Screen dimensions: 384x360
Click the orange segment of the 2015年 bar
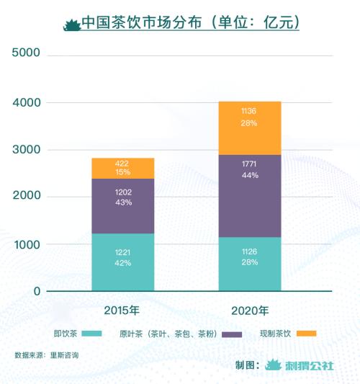point(122,168)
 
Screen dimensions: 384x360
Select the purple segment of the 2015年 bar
point(122,206)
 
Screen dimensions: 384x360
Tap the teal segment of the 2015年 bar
point(122,262)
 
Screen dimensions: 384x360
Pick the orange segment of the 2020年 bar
point(250,128)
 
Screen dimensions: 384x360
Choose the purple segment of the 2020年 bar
point(250,195)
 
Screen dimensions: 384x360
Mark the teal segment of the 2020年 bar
point(250,264)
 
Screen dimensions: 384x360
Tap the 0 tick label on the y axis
point(36,292)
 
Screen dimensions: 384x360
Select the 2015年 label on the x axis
point(122,311)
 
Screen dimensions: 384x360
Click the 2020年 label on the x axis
point(250,311)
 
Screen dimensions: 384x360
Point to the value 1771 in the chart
point(250,164)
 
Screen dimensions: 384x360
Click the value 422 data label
point(122,164)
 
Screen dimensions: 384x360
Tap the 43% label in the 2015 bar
point(122,203)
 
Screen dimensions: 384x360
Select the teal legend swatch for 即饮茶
point(92,334)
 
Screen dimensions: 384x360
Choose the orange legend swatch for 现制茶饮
point(307,334)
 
